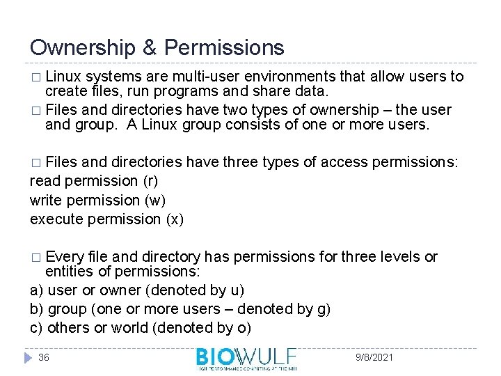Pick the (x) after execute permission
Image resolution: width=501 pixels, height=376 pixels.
175,219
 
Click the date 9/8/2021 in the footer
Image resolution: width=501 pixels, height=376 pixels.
374,357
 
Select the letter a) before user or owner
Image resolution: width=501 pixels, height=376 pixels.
36,290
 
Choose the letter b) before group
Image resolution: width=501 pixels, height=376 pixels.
36,308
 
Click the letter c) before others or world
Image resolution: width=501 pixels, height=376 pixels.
36,327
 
